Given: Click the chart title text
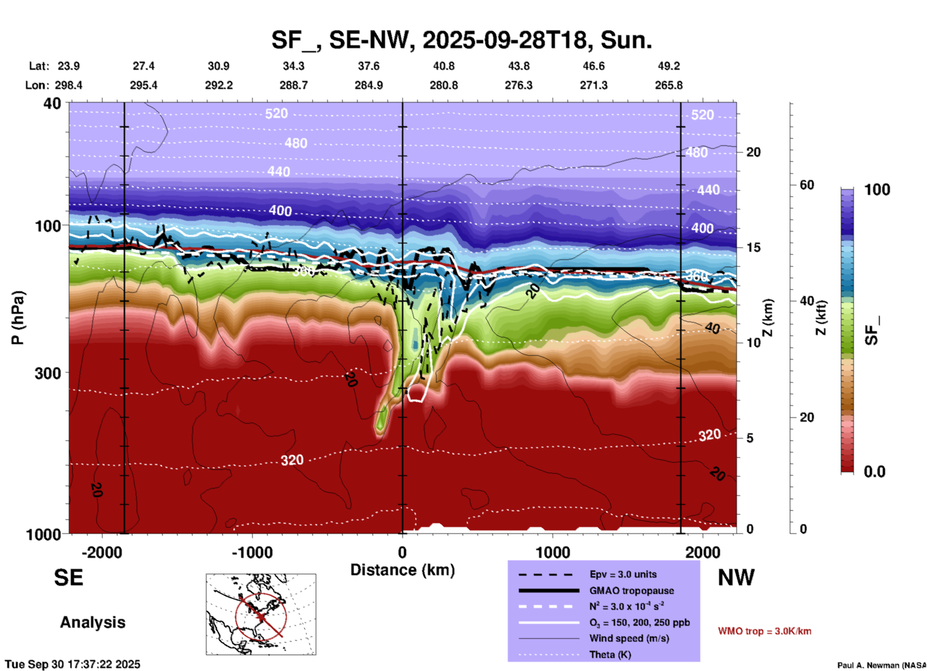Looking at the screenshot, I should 461,39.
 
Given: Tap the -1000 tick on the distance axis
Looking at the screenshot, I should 252,552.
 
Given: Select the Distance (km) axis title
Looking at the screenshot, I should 402,570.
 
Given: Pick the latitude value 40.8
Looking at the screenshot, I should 443,66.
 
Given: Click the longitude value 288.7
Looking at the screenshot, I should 293,85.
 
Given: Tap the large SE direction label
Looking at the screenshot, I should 68,578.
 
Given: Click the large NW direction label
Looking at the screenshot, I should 735,578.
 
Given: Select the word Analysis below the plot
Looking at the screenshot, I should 92,622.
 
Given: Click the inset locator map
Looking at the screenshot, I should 261,614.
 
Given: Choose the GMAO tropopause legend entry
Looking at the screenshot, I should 631,591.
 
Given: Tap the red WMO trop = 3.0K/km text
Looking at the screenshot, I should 764,631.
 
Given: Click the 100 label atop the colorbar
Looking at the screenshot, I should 877,190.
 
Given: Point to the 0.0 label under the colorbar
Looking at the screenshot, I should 875,472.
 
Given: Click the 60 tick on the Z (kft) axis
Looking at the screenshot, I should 807,185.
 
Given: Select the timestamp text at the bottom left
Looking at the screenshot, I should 73,664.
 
